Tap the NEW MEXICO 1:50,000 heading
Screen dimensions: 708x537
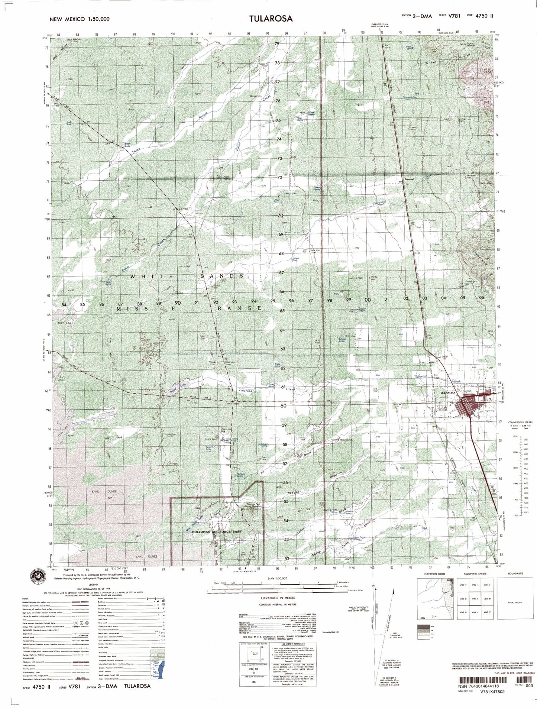click(x=79, y=19)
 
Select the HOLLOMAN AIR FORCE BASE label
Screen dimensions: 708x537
click(x=211, y=532)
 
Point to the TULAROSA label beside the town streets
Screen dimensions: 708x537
click(x=447, y=393)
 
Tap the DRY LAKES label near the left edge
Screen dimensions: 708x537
click(x=67, y=323)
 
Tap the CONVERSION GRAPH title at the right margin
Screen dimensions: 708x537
click(x=523, y=423)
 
